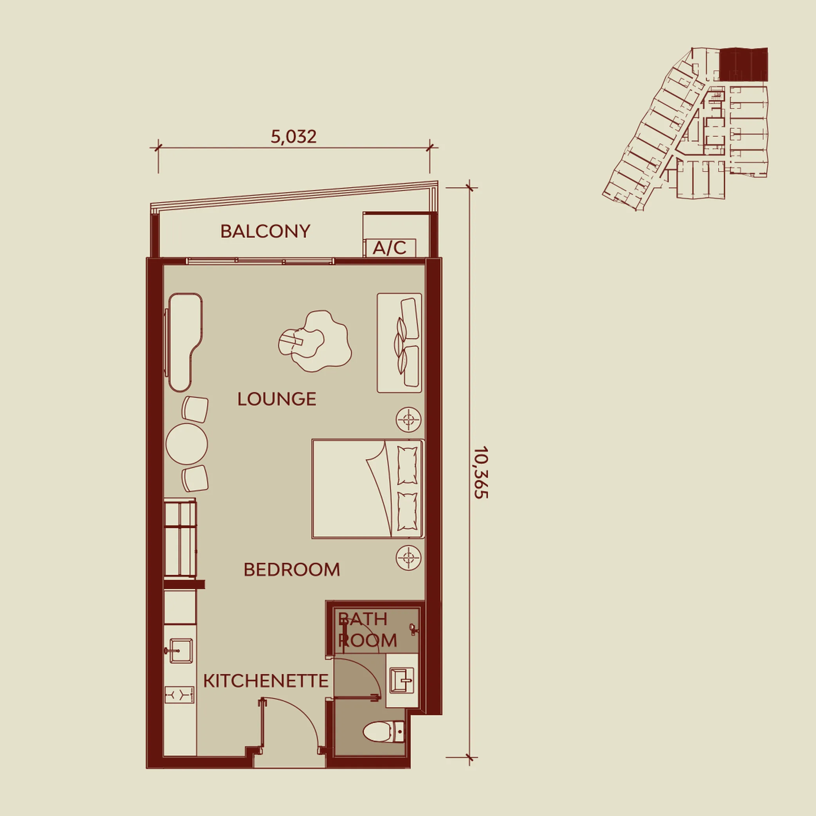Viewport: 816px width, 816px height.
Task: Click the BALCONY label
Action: [265, 231]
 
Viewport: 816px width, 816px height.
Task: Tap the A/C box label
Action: [390, 248]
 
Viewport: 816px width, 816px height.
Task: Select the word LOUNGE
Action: [277, 399]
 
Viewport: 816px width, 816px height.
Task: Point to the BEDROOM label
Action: [292, 570]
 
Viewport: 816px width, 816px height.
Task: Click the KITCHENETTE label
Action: [265, 681]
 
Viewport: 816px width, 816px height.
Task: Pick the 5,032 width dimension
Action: [294, 137]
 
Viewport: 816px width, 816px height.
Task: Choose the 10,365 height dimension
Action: [481, 473]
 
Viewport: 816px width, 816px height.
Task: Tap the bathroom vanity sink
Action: [403, 681]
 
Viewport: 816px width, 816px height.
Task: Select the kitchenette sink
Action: [181, 650]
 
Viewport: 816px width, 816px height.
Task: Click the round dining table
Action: [187, 444]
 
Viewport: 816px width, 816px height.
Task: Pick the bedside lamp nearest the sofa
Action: [408, 419]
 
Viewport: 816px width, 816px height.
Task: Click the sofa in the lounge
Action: [399, 343]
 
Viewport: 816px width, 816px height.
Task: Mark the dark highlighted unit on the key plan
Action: [743, 64]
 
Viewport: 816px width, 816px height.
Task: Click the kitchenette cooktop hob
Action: [179, 694]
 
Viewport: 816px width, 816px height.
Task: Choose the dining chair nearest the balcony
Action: [195, 409]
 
